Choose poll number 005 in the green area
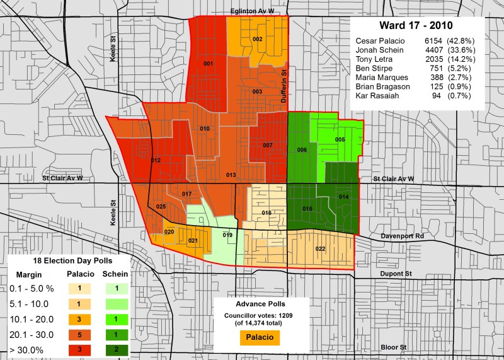(340, 139)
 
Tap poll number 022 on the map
(320, 248)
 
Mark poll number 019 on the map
(227, 235)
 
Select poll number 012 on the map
(156, 161)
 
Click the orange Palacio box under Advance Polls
(260, 337)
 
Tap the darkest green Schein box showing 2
(115, 349)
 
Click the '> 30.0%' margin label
(29, 349)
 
